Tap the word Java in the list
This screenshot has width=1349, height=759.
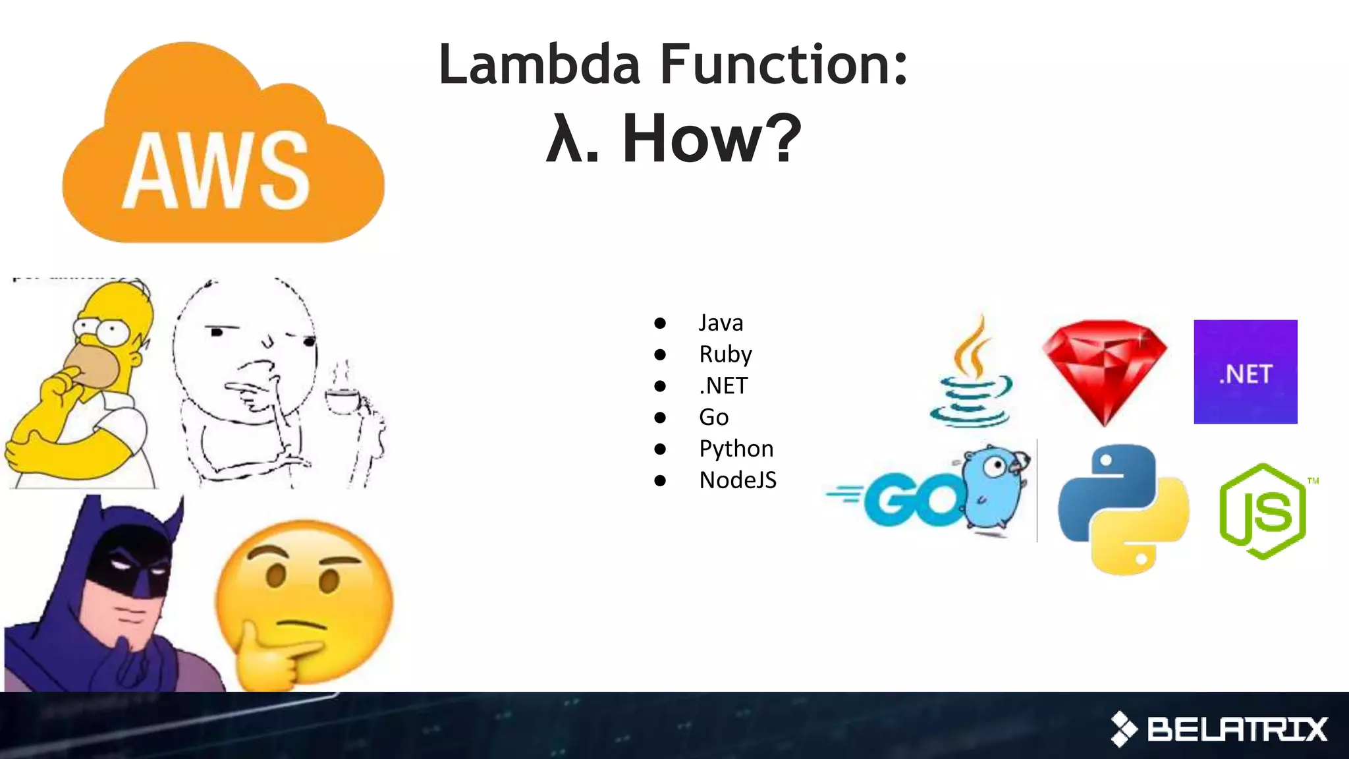pyautogui.click(x=721, y=323)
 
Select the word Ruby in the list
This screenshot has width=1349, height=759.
pyautogui.click(x=725, y=354)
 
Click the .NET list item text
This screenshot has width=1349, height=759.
pyautogui.click(x=723, y=385)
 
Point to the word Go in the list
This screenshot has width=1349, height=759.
pyautogui.click(x=713, y=417)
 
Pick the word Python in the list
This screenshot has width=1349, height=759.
pyautogui.click(x=736, y=449)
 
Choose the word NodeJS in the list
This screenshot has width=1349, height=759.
pyautogui.click(x=738, y=480)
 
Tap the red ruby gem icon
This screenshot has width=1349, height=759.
pyautogui.click(x=1105, y=372)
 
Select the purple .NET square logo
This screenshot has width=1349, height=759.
pyautogui.click(x=1245, y=372)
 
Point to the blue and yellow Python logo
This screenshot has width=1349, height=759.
pyautogui.click(x=1123, y=509)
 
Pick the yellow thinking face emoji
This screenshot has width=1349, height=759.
pyautogui.click(x=303, y=600)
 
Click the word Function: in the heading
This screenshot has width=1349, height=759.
pyautogui.click(x=784, y=65)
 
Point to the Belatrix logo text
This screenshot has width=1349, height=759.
pyautogui.click(x=1236, y=729)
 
